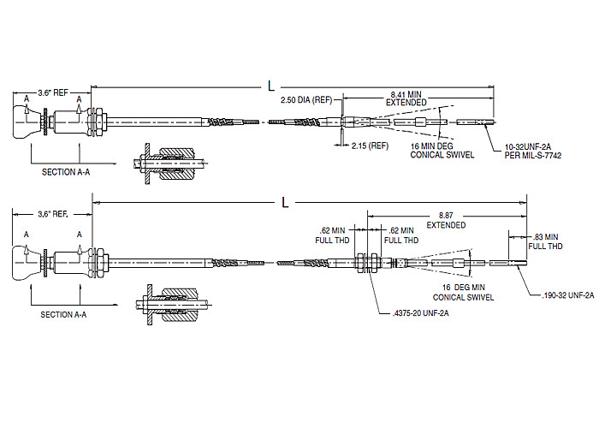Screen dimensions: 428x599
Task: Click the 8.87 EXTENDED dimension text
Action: coord(446,221)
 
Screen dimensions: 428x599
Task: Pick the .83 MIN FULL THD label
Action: coord(546,241)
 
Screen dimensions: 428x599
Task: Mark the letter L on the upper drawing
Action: coord(272,85)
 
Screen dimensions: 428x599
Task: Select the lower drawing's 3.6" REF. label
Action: coord(53,214)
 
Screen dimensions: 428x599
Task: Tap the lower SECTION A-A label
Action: coord(63,314)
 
